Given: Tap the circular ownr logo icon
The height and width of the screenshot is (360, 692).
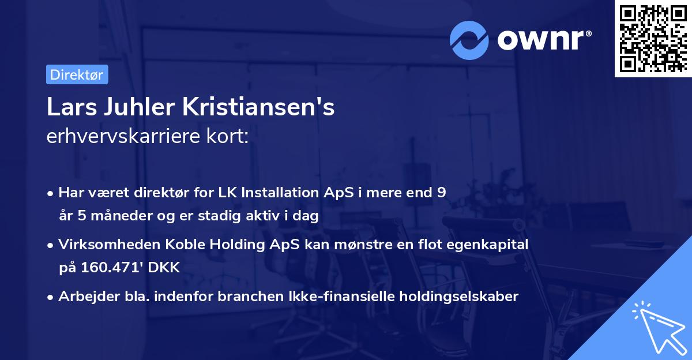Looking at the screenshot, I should coord(469,39).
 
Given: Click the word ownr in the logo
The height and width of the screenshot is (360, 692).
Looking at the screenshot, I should coord(544,39).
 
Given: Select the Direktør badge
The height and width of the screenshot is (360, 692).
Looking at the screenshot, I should coord(77,74).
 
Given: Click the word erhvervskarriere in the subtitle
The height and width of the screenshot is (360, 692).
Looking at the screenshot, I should coord(118,137).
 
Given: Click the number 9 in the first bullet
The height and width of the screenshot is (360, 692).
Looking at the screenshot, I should coord(441,192).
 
